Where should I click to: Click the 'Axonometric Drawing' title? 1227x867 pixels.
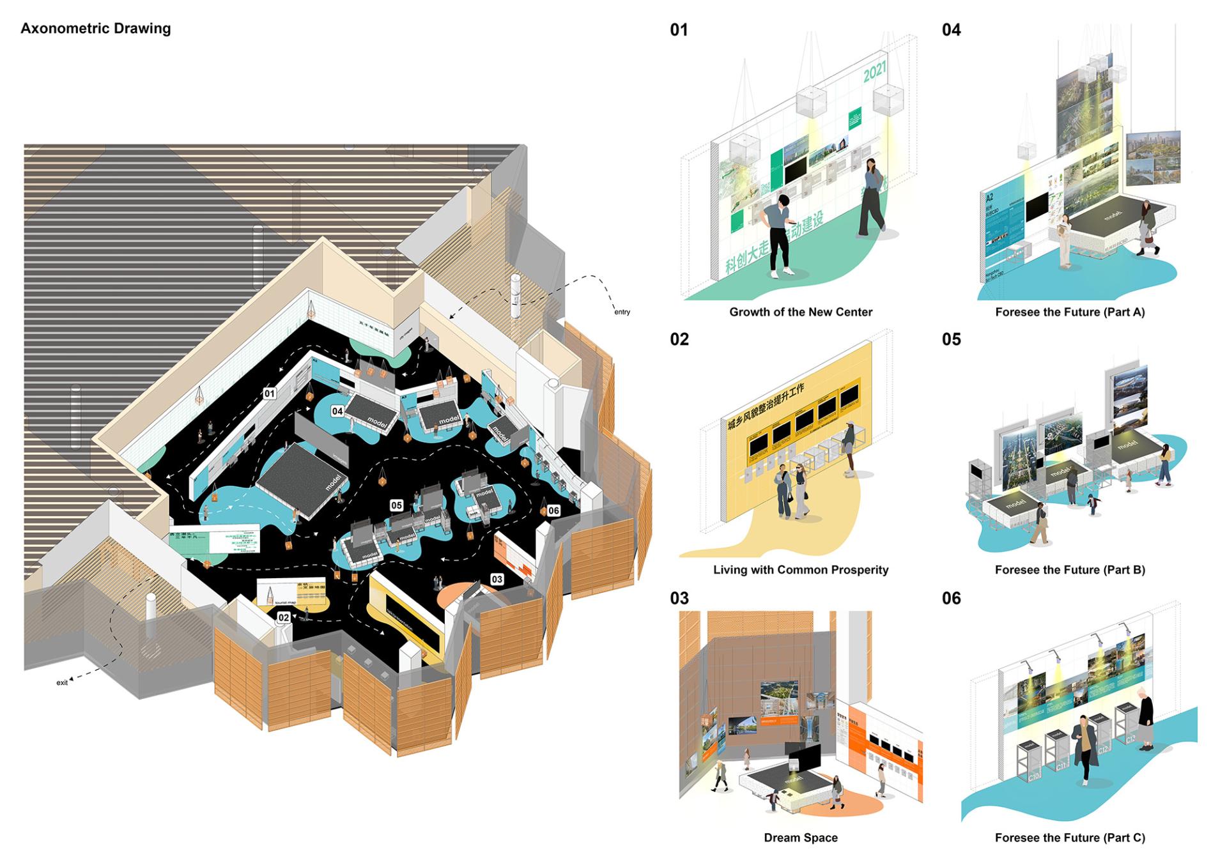(96, 29)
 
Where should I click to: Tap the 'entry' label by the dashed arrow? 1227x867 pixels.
(622, 312)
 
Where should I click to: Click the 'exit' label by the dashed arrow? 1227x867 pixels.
(62, 682)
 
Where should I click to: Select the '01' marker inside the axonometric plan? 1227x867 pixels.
(270, 394)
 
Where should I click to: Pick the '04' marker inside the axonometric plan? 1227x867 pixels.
(337, 411)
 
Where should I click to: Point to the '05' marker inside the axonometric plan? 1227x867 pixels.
(396, 505)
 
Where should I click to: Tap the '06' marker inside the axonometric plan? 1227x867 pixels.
(553, 510)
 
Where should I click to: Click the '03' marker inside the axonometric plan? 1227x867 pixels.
(497, 579)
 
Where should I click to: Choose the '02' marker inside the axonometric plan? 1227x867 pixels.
(284, 617)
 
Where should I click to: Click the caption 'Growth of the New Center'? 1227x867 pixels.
(800, 312)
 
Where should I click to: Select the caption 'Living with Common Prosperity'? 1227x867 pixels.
(800, 569)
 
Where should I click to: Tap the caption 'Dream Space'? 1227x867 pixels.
(800, 837)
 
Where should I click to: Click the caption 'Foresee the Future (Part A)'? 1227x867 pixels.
(1070, 312)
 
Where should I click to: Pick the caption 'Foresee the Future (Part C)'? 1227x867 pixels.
(1070, 837)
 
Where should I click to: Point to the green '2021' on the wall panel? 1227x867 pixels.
(875, 72)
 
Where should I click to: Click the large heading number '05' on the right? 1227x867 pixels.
(951, 339)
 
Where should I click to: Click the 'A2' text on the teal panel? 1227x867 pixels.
(990, 199)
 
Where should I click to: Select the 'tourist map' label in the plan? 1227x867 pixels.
(286, 602)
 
